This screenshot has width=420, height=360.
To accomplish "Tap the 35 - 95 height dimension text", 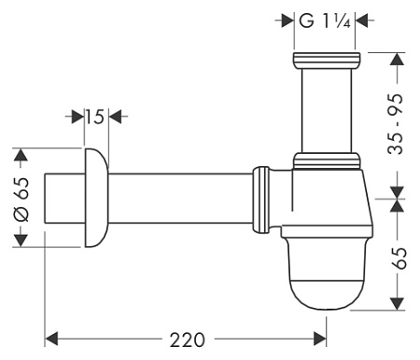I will (399, 121).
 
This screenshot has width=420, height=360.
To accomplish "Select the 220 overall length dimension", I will (187, 336).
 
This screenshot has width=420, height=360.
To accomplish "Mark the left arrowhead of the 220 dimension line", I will (53, 336).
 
